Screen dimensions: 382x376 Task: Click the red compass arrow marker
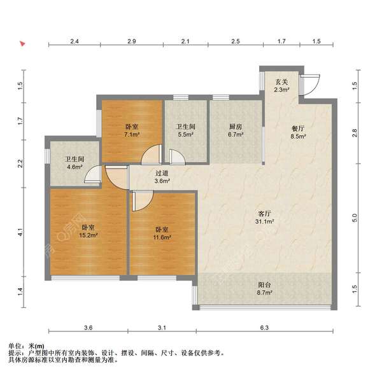(23, 44)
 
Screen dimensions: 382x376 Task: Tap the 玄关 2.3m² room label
(281, 86)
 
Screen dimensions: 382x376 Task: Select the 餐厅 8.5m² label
(298, 132)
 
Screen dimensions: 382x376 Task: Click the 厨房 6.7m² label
(236, 130)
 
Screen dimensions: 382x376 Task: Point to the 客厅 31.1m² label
(265, 218)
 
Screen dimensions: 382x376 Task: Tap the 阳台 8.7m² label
(265, 289)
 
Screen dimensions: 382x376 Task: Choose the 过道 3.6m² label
(162, 177)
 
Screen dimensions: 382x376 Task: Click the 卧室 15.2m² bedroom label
(88, 232)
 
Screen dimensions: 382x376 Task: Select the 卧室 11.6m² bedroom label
(162, 233)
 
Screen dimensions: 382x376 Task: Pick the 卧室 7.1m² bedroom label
(132, 130)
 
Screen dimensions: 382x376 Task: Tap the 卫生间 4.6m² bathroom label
(74, 163)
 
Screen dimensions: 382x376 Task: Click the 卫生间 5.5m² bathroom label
(186, 130)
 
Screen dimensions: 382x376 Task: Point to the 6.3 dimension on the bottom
(264, 328)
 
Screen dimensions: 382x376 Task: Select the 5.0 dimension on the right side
(355, 218)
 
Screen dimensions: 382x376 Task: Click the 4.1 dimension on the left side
(20, 232)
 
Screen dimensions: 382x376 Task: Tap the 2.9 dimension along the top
(132, 41)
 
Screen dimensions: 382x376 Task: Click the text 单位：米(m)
(26, 346)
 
